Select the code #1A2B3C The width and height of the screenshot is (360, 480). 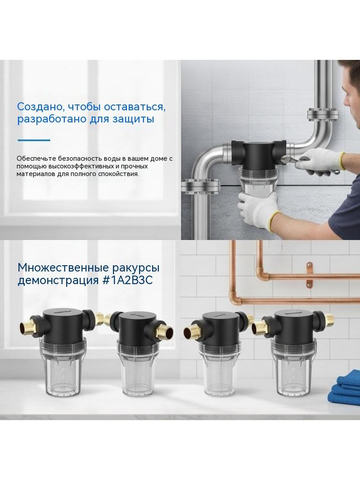point(127,280)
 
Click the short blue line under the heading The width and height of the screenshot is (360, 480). point(34,140)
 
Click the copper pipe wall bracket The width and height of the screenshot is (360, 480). point(310,274)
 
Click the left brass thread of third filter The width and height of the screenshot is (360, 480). point(191,333)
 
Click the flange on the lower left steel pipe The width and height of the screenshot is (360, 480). point(201,187)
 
